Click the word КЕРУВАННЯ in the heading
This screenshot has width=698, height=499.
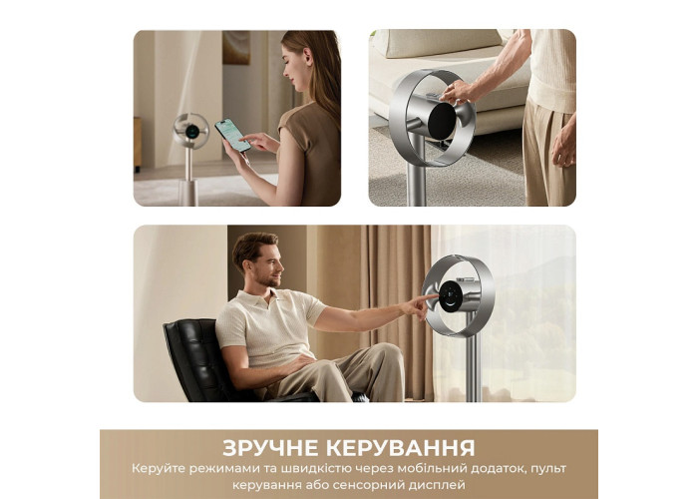coord(401,448)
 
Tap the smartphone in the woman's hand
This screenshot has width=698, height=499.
coord(232,135)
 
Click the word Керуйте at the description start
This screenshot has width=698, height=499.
coord(158,469)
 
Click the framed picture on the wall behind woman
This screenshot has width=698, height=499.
coord(236,47)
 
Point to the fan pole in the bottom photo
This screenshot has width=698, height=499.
coord(473,361)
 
